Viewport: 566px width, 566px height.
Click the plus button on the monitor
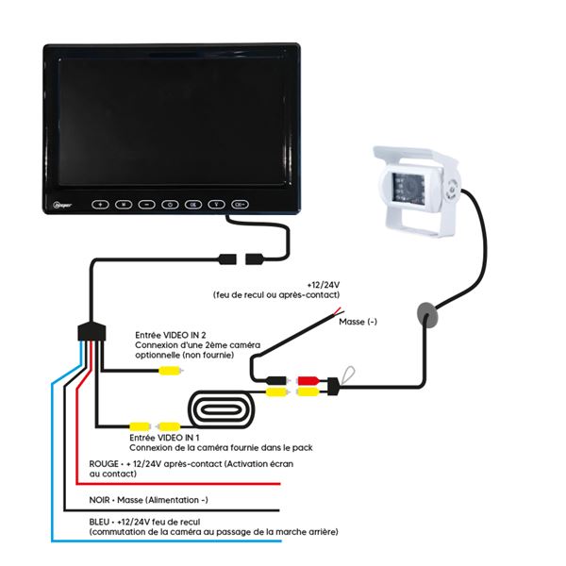pyautogui.click(x=100, y=203)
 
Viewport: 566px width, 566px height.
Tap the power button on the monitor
pyautogui.click(x=170, y=203)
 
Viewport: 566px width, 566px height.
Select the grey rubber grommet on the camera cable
pyautogui.click(x=425, y=314)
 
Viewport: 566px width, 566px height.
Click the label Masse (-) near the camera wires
pyautogui.click(x=358, y=321)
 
